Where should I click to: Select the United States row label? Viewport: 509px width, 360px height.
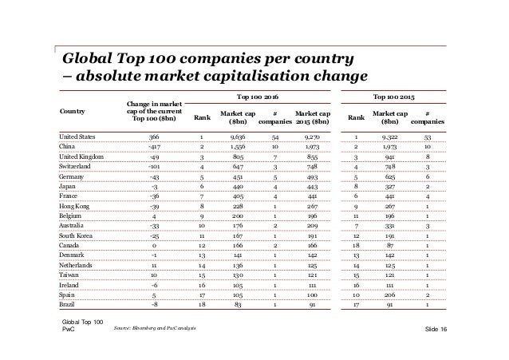tap(81, 137)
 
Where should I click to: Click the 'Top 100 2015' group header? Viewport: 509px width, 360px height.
tap(399, 93)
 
